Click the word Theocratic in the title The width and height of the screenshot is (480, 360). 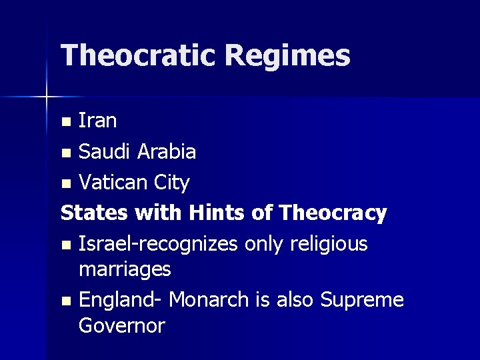137,55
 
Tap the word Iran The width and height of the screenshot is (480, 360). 97,121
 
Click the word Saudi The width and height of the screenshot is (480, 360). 105,151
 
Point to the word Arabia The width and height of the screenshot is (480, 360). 166,151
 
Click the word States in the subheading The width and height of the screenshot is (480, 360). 95,213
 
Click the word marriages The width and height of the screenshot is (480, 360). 125,270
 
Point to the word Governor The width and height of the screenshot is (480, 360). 121,325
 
